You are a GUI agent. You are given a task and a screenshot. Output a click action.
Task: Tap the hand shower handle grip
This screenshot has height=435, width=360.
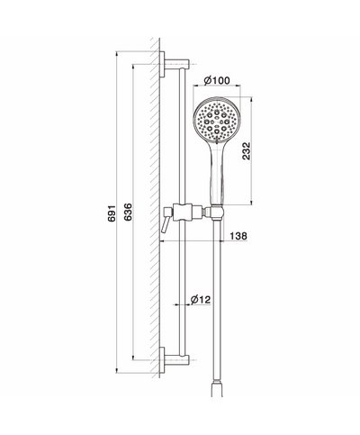pyautogui.click(x=215, y=176)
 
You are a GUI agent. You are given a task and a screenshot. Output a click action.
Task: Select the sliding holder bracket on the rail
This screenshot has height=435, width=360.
pyautogui.click(x=185, y=213)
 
